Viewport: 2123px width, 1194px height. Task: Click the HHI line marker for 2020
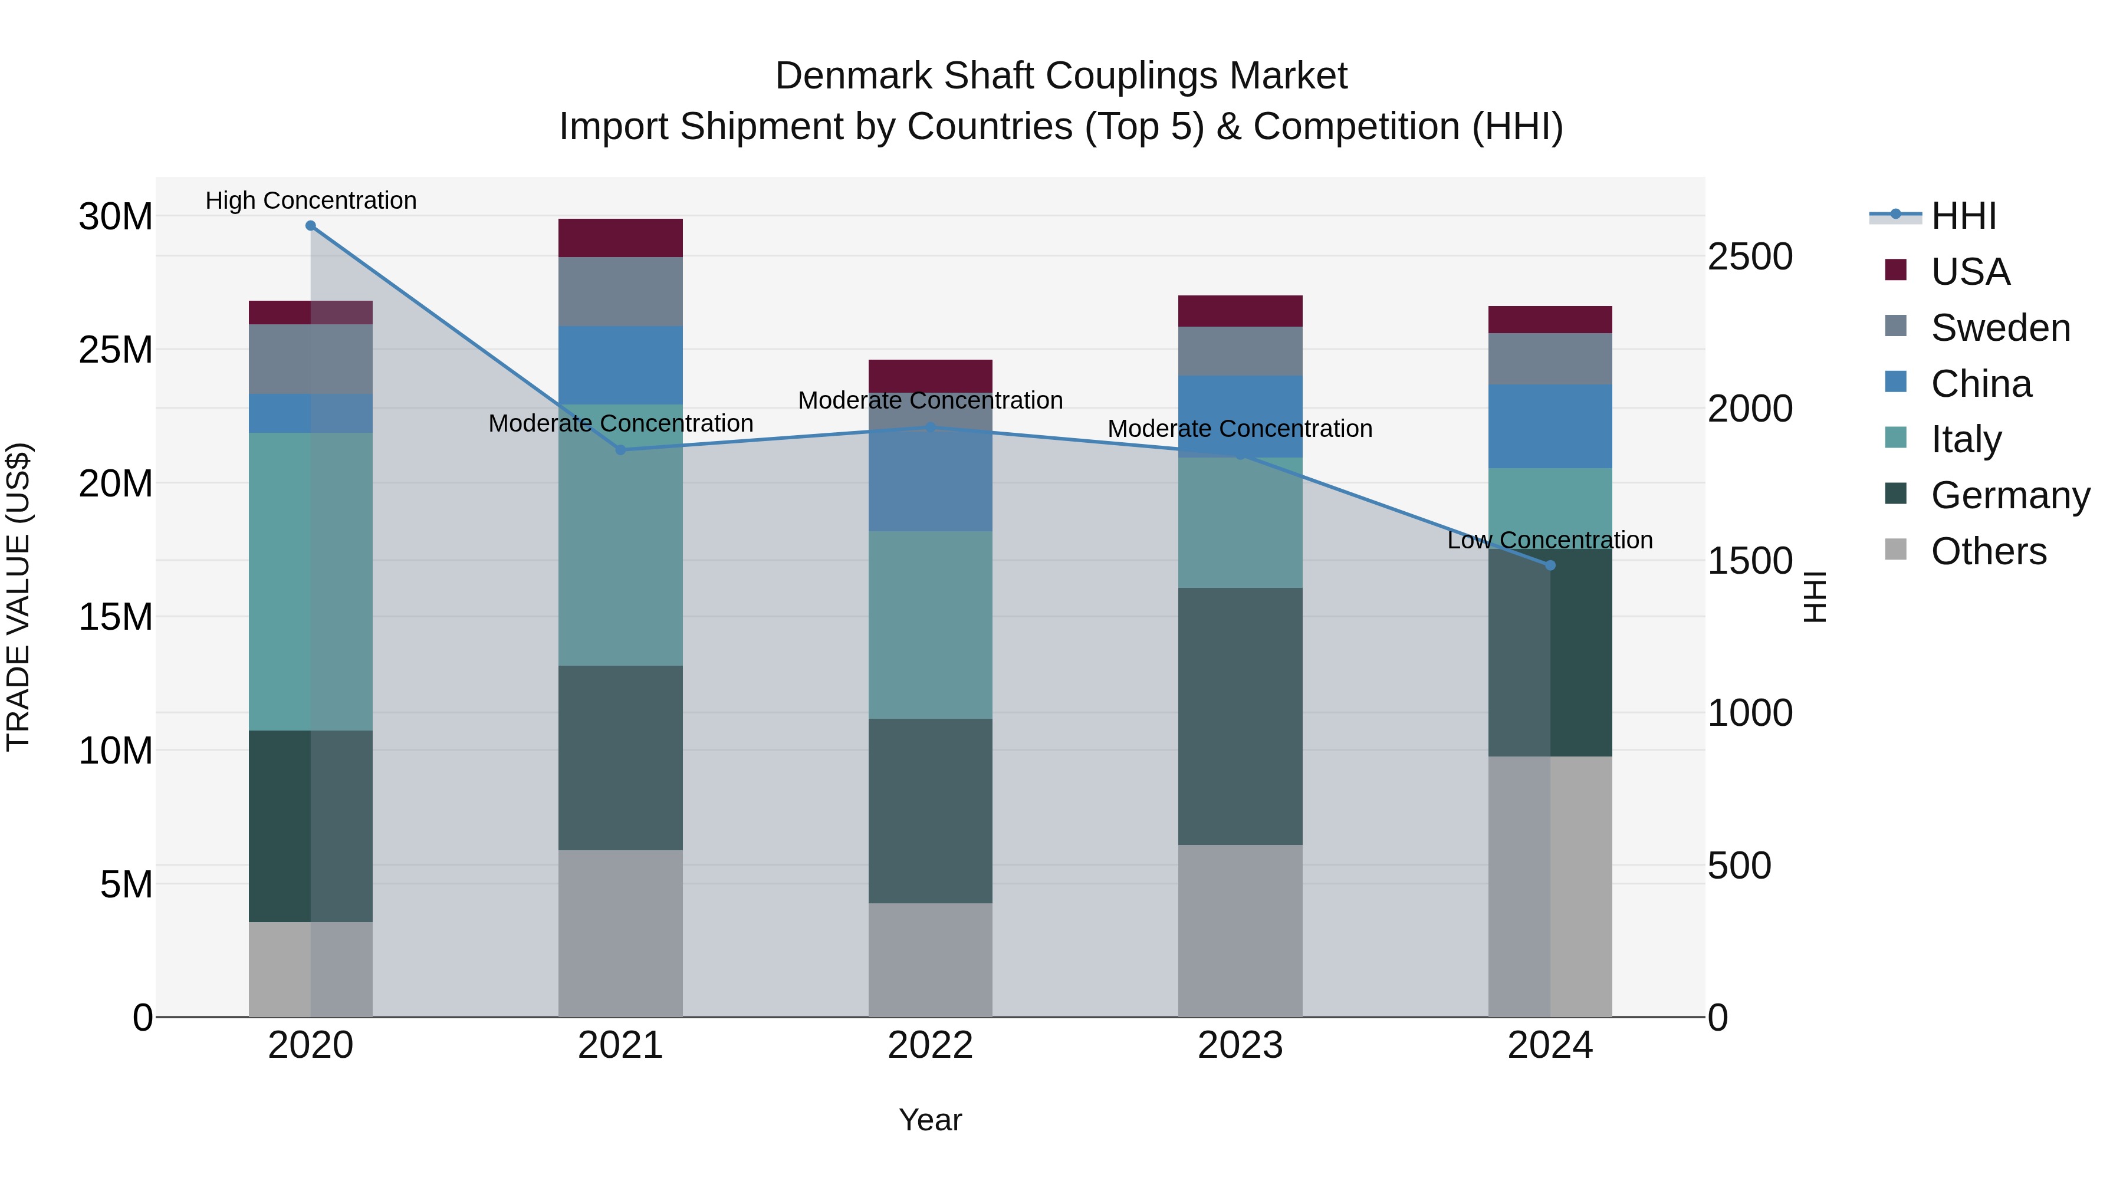311,226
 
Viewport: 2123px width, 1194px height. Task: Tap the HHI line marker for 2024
1550,565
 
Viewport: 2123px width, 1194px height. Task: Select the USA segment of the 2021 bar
620,238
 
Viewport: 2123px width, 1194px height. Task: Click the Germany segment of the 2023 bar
1240,716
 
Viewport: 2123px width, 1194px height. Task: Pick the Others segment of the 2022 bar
931,960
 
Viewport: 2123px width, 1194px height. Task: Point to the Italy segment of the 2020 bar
311,582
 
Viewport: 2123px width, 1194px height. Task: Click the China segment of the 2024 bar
1550,426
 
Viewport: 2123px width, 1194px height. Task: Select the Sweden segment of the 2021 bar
620,292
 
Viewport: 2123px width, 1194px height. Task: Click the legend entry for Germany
2010,495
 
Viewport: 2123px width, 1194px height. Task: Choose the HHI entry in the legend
1963,216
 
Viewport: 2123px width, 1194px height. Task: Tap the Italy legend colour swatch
1895,438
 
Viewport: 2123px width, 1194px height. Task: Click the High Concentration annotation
311,200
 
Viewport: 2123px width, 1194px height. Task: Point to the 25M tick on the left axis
116,350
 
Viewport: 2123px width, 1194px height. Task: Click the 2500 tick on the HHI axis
1750,256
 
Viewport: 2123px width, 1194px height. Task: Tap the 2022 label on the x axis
931,1045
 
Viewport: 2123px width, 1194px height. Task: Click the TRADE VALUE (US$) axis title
18,597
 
